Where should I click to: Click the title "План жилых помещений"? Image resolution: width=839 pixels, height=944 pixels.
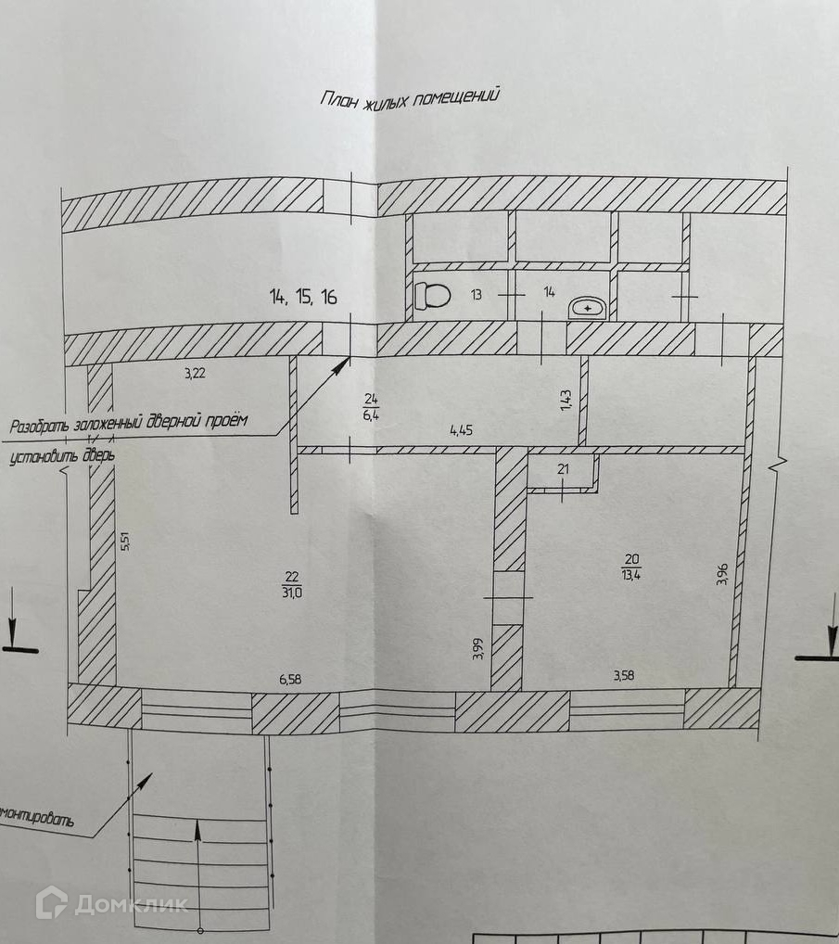(x=410, y=96)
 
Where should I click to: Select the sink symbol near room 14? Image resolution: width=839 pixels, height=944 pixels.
(x=588, y=307)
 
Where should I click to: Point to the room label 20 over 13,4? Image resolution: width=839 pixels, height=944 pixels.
(x=633, y=567)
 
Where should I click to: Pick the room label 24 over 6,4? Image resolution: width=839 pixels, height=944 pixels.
(x=371, y=408)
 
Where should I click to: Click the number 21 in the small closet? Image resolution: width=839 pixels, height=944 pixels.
(x=562, y=470)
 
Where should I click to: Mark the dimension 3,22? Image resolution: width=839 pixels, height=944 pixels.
(x=194, y=374)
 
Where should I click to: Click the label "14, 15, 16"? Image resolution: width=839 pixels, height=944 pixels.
(x=303, y=298)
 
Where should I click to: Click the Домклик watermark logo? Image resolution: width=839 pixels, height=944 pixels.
(x=111, y=903)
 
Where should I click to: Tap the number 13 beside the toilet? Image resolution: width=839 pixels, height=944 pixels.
(x=476, y=295)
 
